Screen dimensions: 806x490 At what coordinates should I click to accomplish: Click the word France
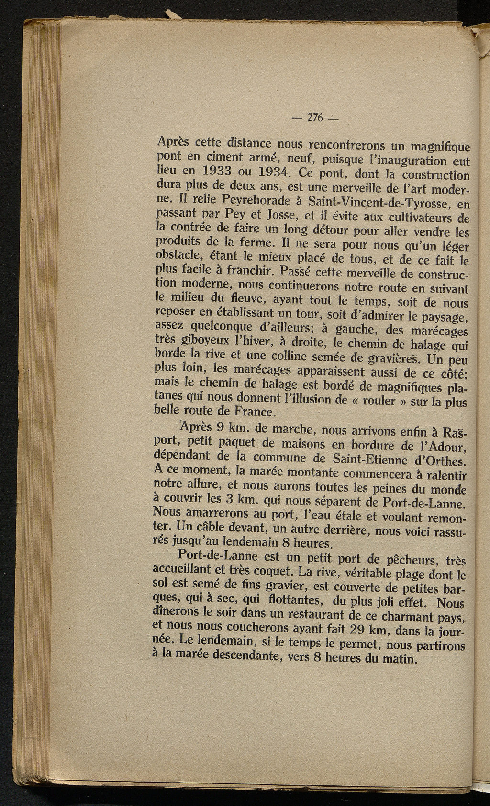pyautogui.click(x=251, y=412)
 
